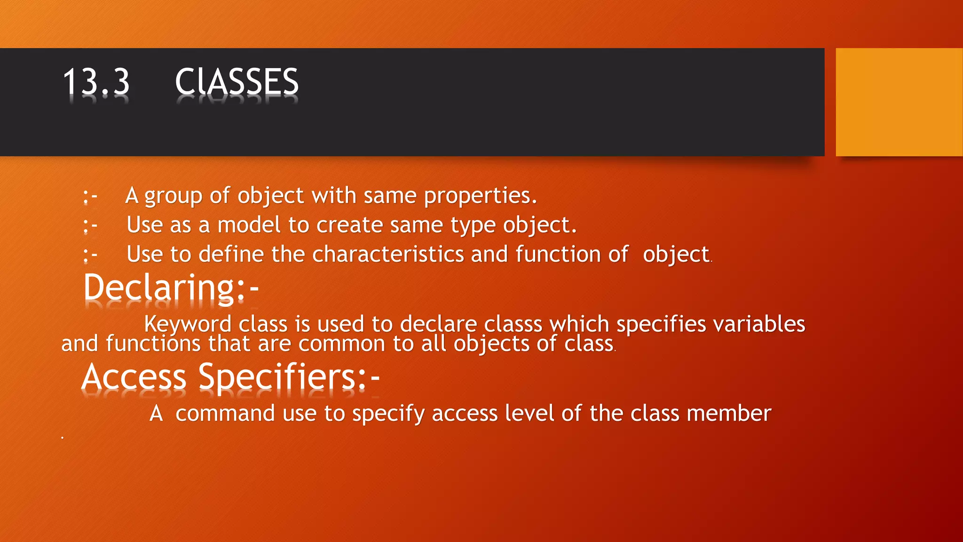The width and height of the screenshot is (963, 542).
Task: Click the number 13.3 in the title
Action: pyautogui.click(x=96, y=82)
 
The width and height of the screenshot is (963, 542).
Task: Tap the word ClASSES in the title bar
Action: pyautogui.click(x=237, y=82)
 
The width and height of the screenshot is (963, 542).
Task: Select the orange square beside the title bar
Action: pyautogui.click(x=899, y=102)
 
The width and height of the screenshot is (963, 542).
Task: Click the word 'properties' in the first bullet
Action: pyautogui.click(x=480, y=196)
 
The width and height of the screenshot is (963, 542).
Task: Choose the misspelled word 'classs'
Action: pyautogui.click(x=513, y=325)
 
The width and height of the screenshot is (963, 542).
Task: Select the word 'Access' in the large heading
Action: pyautogui.click(x=134, y=377)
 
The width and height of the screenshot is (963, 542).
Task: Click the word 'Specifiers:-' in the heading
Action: pyautogui.click(x=289, y=377)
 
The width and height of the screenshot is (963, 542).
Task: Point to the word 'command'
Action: pyautogui.click(x=225, y=414)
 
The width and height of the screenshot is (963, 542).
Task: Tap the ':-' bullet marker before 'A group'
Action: pyautogui.click(x=90, y=196)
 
